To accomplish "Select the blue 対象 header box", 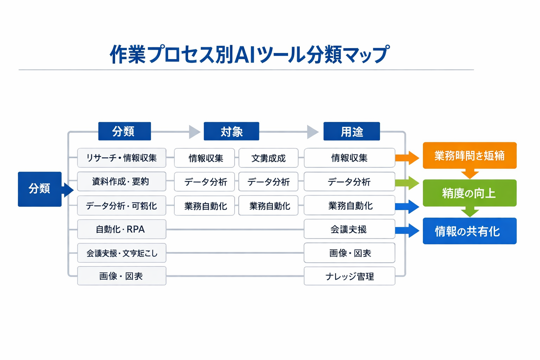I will [231, 131].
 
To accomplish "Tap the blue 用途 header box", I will [352, 131].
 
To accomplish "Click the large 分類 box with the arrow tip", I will [40, 189].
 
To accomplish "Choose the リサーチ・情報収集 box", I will [122, 158].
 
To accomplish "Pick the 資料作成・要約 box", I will [122, 181].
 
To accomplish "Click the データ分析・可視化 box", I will [122, 206].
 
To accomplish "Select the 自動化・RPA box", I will [122, 229].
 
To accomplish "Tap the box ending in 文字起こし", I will [122, 253].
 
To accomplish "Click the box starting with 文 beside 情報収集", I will [268, 158].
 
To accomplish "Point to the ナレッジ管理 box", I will [349, 276].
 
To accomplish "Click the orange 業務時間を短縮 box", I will [469, 155].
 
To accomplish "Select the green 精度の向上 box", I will [469, 193].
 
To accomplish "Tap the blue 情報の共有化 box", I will [469, 231].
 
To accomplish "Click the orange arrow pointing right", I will [408, 158].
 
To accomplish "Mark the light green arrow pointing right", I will [408, 183].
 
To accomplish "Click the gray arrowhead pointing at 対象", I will [194, 132].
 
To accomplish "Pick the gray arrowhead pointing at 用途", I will [312, 132].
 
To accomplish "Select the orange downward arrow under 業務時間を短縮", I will [470, 174].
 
